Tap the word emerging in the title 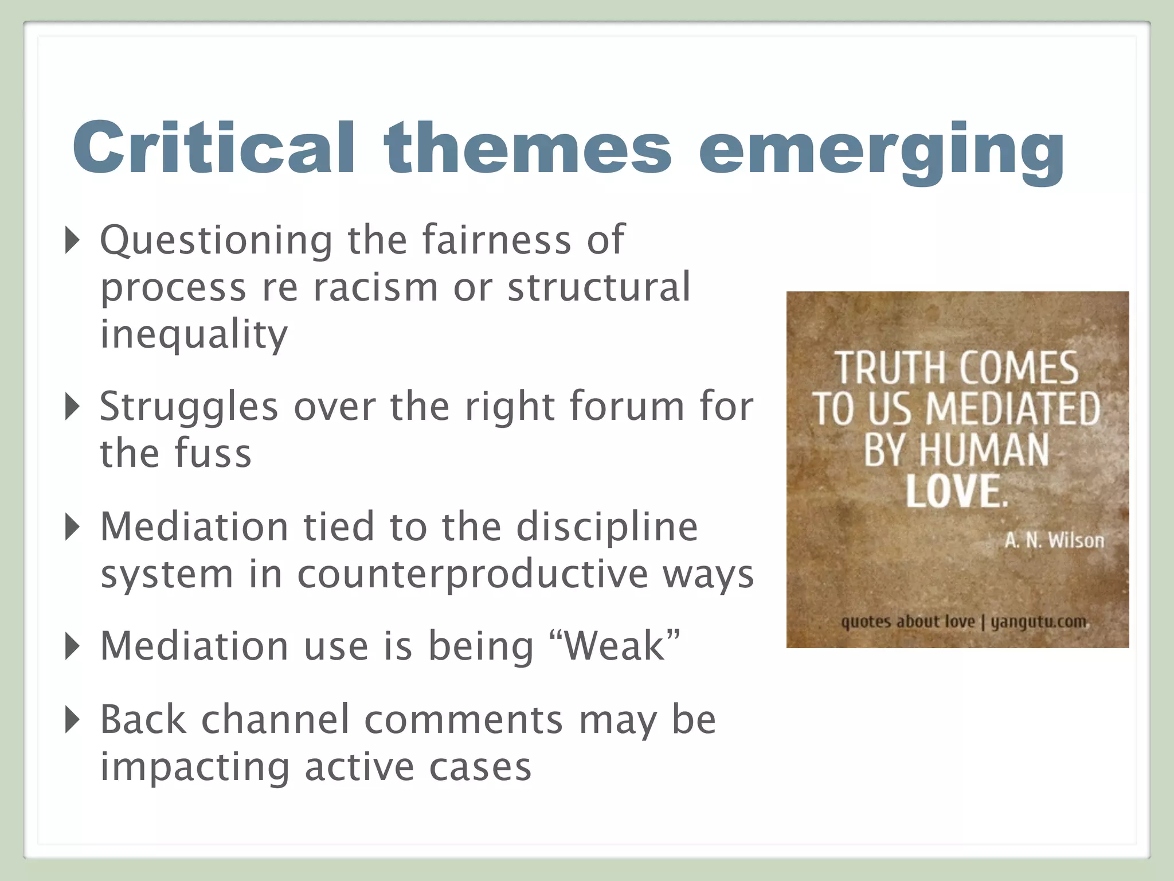click(881, 150)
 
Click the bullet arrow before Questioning click(72, 240)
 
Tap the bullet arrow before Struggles click(72, 406)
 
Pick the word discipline click(607, 527)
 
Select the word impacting click(195, 767)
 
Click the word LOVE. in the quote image click(956, 491)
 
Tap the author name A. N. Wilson click(1054, 540)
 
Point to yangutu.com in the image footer click(1038, 622)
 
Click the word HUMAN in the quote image click(984, 450)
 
